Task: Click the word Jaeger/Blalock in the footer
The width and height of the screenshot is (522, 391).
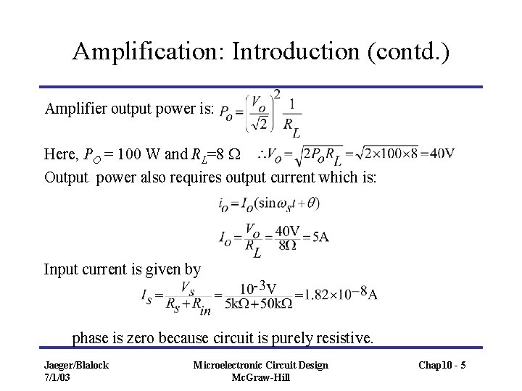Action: [x=75, y=365]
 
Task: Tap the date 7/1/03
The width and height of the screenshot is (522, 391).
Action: [x=58, y=377]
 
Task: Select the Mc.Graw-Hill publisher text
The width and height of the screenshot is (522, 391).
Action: [x=260, y=377]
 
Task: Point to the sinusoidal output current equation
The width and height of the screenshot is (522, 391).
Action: [x=269, y=204]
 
